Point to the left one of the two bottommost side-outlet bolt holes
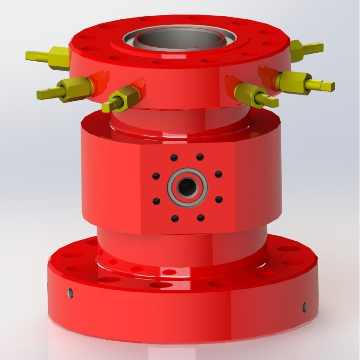click(x=175, y=219)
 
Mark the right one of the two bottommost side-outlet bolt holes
click(x=201, y=218)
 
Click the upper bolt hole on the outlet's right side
click(x=218, y=174)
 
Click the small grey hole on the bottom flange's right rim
click(x=305, y=306)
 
